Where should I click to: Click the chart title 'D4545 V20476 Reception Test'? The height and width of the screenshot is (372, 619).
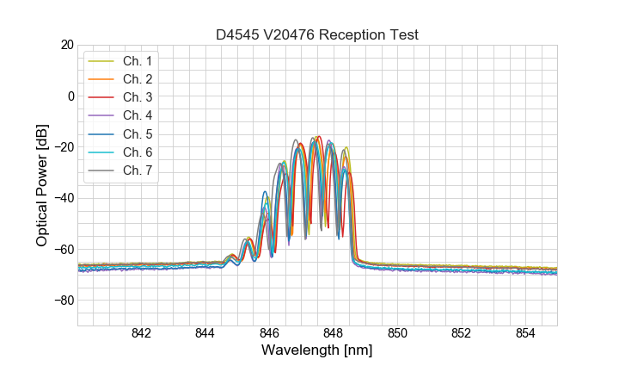[317, 35]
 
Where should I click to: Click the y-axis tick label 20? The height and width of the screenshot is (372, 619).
[66, 45]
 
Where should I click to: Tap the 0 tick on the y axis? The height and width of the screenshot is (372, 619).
[70, 96]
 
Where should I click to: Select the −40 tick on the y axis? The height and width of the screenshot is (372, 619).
[63, 198]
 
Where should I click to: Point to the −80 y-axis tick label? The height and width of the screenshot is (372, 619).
[63, 301]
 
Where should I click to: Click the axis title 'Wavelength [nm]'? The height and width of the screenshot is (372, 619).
[317, 350]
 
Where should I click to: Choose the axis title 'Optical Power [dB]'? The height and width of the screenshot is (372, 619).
[42, 185]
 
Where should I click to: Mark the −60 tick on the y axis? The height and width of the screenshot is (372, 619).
[63, 250]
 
